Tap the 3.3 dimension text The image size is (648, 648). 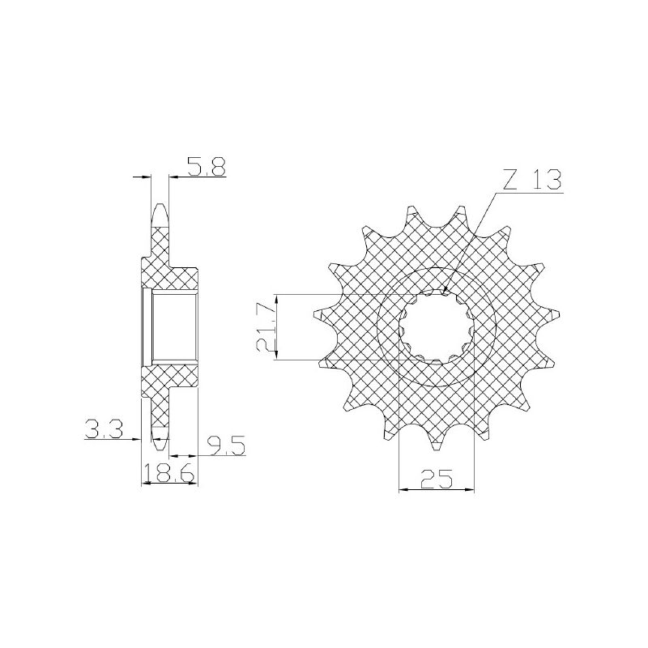[x=103, y=430]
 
